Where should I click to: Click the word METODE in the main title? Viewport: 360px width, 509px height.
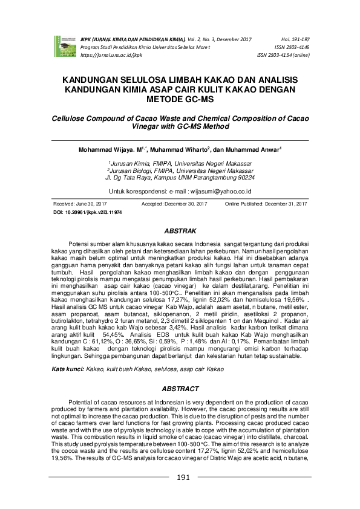(165, 99)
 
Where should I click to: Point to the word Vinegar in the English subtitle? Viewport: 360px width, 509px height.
(146, 128)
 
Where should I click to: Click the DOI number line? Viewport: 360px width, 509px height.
(88, 213)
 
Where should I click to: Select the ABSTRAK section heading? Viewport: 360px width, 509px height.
(180, 231)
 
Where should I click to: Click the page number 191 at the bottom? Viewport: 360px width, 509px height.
(183, 494)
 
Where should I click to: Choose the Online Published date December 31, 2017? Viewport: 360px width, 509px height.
(284, 205)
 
